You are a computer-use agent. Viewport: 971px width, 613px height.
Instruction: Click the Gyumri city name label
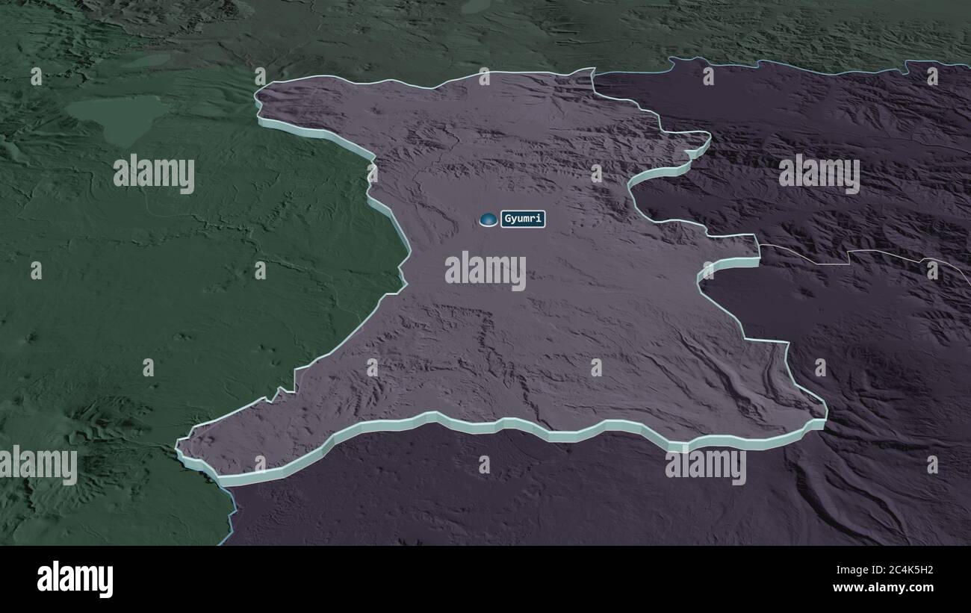[x=523, y=219]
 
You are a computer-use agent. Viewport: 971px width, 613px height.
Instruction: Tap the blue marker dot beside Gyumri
[x=488, y=219]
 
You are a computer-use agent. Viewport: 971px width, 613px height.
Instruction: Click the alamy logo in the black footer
[x=75, y=579]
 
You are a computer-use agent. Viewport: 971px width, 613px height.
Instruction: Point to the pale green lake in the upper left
[x=120, y=116]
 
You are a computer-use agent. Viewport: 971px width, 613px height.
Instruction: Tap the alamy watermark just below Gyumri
[x=485, y=270]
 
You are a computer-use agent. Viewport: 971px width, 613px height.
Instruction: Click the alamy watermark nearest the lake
[x=154, y=174]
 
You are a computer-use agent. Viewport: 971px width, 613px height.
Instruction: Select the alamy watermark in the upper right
[x=819, y=173]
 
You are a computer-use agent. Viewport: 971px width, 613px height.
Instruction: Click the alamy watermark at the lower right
[x=705, y=464]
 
